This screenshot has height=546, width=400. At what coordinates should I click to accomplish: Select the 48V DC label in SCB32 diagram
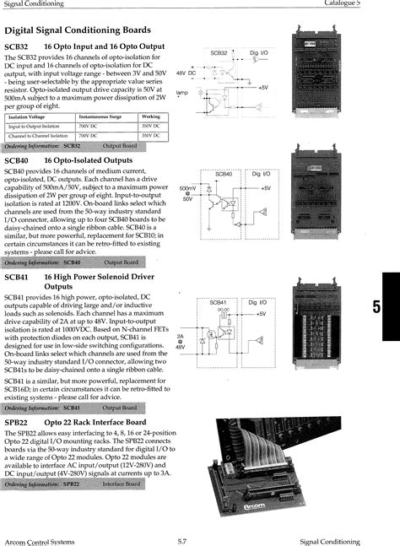coord(186,73)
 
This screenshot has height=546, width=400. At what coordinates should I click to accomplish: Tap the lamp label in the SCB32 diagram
coord(182,92)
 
